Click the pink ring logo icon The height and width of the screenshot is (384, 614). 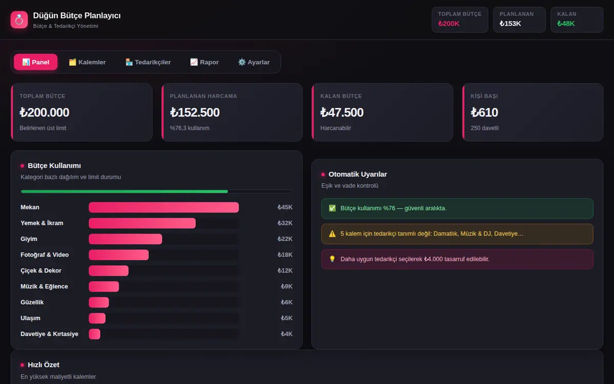tap(19, 20)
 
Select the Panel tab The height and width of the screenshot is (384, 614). tap(36, 62)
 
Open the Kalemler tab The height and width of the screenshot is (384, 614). tap(87, 62)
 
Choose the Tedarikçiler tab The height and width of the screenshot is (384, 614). tap(148, 62)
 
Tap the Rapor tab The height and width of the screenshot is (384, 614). tap(205, 62)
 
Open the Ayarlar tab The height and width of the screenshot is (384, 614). tap(254, 62)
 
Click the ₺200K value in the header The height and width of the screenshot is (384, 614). tap(449, 24)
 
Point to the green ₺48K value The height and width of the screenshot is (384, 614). tap(566, 24)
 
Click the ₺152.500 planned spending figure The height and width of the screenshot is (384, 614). tap(194, 113)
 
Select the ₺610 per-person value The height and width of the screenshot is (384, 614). tap(485, 113)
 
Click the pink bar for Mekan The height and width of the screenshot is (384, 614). tap(164, 207)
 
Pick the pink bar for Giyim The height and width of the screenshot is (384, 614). tap(125, 239)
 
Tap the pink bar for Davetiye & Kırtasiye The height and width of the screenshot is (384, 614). tap(95, 334)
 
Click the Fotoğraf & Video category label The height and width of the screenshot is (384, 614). tap(45, 255)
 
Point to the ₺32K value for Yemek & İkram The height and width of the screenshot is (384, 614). tap(285, 223)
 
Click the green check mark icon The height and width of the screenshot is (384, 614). tap(332, 208)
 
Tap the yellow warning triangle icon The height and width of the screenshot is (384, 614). tap(332, 233)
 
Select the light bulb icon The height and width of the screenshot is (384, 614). tap(332, 259)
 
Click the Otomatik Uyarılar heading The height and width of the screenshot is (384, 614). tap(358, 174)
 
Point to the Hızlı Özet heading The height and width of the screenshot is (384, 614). tap(43, 365)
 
